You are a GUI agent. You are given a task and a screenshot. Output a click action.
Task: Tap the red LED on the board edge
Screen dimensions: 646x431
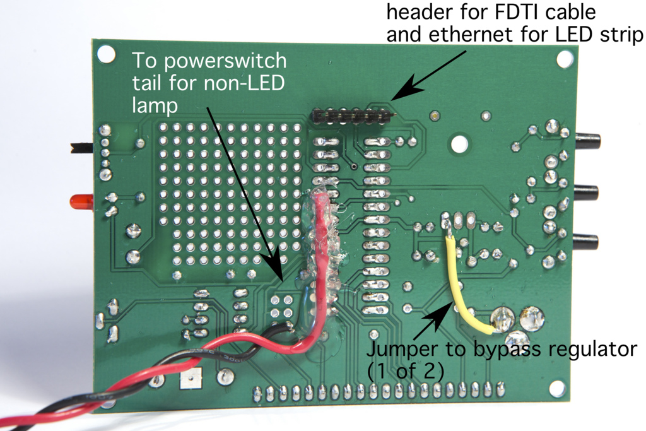click(81, 201)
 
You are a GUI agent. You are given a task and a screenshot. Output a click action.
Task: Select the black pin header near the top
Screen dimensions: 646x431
click(352, 116)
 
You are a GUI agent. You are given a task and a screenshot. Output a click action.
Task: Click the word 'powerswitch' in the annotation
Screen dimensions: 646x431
click(225, 61)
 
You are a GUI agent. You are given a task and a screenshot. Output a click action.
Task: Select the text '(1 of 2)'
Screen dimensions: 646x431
click(406, 371)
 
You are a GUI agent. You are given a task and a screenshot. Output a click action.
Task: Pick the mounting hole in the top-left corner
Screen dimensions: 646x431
click(106, 54)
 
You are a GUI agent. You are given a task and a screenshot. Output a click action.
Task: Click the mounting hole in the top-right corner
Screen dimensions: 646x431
click(565, 59)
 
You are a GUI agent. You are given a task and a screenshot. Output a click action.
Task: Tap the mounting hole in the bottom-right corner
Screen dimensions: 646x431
click(556, 388)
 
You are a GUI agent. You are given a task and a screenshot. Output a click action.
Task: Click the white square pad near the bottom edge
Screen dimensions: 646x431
click(191, 378)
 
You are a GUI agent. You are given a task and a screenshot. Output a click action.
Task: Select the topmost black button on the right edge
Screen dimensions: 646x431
click(587, 141)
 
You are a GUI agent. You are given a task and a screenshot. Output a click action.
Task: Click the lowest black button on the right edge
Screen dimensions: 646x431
click(585, 242)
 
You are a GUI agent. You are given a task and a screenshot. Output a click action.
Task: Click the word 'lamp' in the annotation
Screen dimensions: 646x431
click(155, 105)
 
